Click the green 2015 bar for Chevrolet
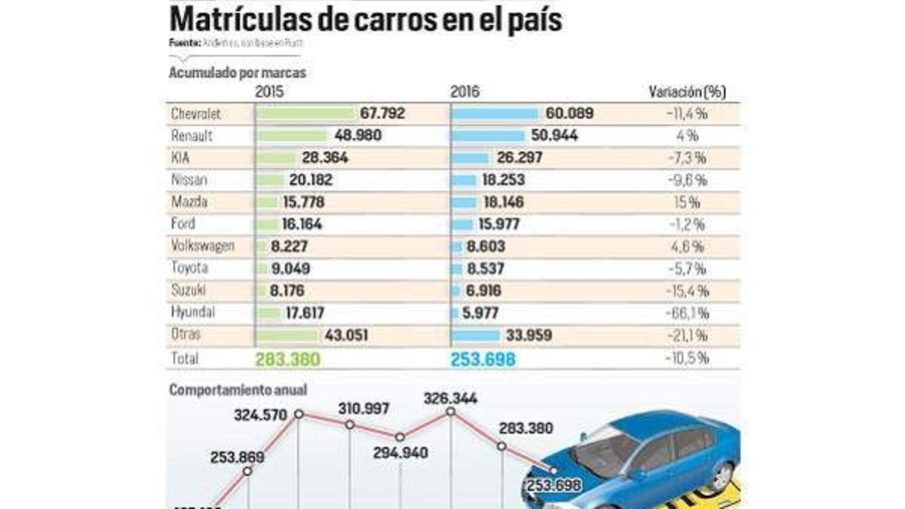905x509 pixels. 305,114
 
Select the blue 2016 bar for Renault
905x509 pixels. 488,136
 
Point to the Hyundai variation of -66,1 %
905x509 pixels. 687,311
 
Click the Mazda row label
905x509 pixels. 189,202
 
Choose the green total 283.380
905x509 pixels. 287,360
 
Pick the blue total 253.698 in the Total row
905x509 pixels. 483,360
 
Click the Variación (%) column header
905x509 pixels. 687,92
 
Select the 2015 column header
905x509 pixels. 269,92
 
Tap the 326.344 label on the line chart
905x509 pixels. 450,397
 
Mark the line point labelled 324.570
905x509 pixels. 299,414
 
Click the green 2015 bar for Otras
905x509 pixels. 287,334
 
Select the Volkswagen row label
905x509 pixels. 203,246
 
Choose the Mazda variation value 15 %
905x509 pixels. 687,202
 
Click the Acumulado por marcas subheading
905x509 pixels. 237,73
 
